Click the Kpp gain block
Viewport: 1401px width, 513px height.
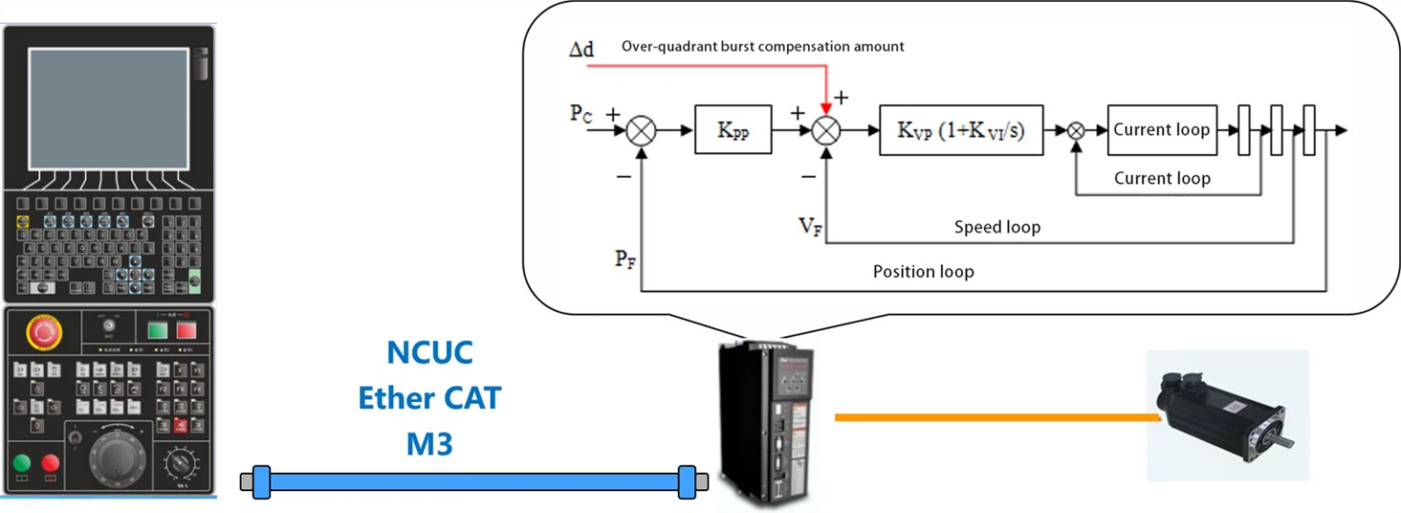click(733, 130)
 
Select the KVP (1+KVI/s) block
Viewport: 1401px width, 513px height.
click(961, 130)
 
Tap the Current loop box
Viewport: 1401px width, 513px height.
click(1161, 129)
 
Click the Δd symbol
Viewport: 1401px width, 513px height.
click(581, 49)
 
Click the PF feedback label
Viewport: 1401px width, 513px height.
click(626, 260)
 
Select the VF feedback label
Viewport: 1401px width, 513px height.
click(811, 226)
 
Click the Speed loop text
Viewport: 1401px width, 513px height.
click(997, 227)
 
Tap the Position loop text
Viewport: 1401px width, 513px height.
click(923, 272)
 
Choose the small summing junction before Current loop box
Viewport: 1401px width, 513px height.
click(1076, 130)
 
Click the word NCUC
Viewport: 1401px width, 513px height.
click(430, 352)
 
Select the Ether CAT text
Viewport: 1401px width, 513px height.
click(430, 398)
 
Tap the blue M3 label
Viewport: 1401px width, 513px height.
click(430, 444)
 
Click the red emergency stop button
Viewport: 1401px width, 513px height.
click(43, 333)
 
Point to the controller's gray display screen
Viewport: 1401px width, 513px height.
click(108, 108)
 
